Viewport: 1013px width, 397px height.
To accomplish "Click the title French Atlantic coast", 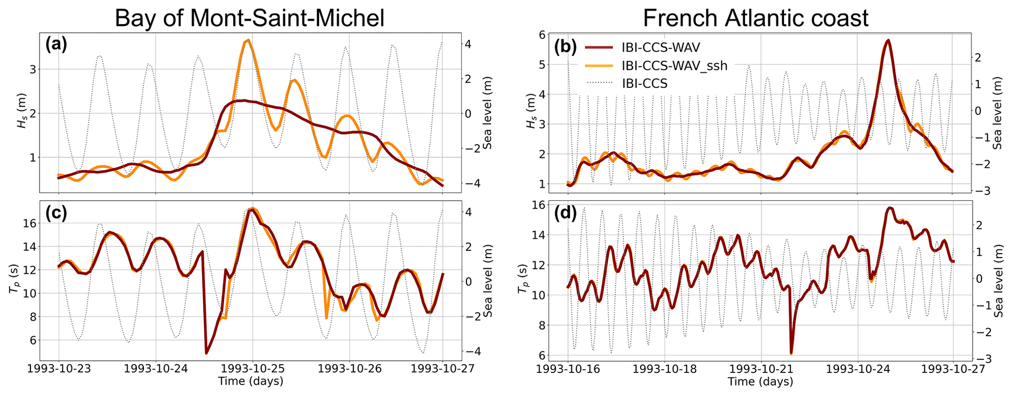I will point(755,18).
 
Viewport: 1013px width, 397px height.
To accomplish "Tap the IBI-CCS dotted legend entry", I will point(644,83).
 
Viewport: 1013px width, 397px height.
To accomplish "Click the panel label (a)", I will point(56,45).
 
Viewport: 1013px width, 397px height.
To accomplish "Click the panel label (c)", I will point(56,213).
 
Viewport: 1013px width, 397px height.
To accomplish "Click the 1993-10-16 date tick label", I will point(568,369).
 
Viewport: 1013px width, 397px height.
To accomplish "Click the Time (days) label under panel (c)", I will point(250,381).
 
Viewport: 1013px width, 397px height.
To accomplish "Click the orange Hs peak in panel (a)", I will point(249,40).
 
